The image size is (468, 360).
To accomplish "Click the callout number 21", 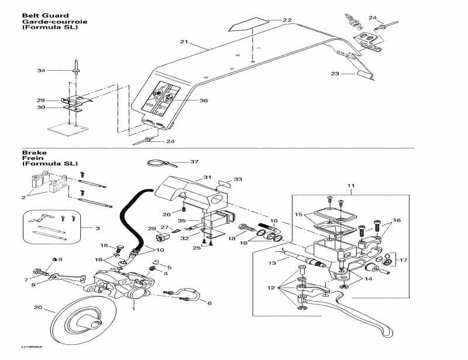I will coord(184,42).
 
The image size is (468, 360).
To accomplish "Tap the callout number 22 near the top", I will coord(287,20).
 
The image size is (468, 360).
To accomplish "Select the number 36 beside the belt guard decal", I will coord(204,101).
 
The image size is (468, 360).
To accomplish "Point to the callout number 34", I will coord(41,71).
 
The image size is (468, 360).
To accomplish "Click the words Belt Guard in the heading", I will coord(37,16).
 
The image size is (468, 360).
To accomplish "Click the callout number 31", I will coord(207,177).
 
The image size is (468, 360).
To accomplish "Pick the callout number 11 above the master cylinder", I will coord(350,186).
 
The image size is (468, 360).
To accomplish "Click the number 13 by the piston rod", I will coord(271,264).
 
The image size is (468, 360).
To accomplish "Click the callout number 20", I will coord(38,308).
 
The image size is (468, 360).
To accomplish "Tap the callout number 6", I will coord(209,303).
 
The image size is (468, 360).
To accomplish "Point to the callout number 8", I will coord(60,259).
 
